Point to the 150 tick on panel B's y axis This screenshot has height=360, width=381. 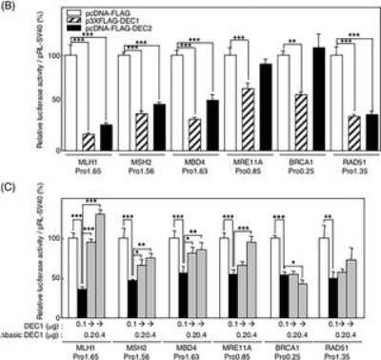[x=48, y=14]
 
